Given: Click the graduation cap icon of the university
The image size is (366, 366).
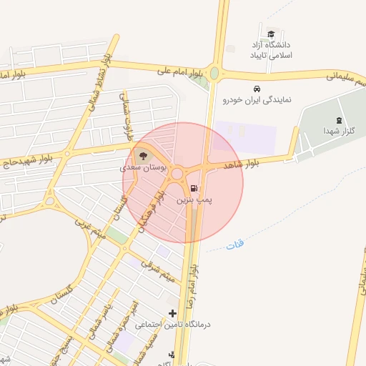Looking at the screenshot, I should (270, 34).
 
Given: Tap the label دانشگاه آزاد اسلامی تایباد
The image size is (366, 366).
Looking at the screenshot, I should (271, 49).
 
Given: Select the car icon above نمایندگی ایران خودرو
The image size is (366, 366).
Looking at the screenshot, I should (255, 89).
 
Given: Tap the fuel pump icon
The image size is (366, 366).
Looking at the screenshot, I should (196, 189).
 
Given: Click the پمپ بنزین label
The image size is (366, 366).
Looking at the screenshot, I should (194, 202).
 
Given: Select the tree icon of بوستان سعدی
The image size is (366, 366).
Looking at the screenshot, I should (142, 155).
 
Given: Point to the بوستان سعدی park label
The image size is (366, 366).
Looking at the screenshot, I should (143, 168).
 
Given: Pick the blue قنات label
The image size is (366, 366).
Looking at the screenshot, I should (235, 245).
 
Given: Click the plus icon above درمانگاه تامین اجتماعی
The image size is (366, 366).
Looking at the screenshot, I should (172, 313).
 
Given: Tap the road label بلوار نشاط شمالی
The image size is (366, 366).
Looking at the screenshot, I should (98, 84).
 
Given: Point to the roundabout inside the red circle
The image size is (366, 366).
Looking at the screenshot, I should (177, 173).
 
